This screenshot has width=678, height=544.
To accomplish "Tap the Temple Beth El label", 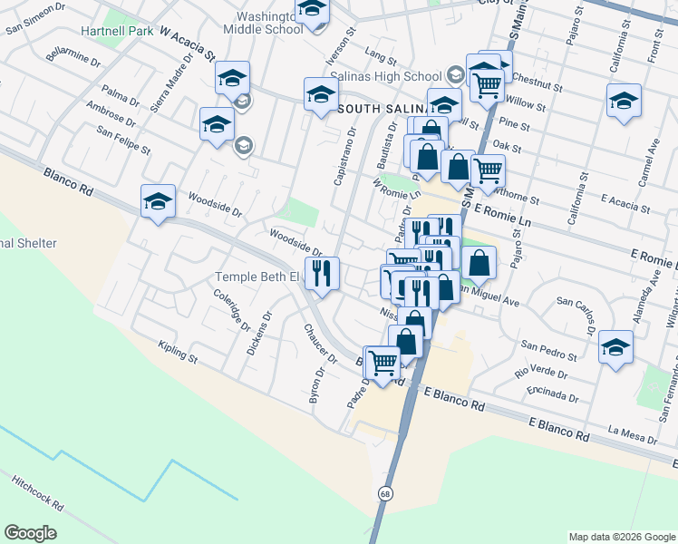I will (x=256, y=277).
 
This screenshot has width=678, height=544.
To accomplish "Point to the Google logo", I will (x=30, y=533).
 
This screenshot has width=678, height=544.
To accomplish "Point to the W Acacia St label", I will (x=187, y=43).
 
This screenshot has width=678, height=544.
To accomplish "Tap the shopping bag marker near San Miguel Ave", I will (x=479, y=264).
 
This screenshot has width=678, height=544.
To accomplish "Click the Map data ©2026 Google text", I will (x=621, y=537).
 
